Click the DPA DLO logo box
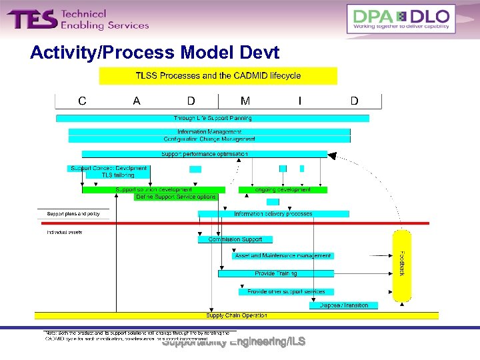[x=401, y=19]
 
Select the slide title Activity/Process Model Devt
[x=155, y=53]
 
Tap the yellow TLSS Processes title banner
[x=218, y=76]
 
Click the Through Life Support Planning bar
[x=213, y=118]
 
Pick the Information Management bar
[x=209, y=132]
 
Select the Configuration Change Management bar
[x=209, y=139]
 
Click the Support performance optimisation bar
[x=204, y=154]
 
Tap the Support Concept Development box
[x=109, y=168]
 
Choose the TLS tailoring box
[x=118, y=175]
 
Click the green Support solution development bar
[x=153, y=190]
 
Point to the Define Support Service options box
[x=176, y=197]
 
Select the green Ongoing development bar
[x=283, y=190]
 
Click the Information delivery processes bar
[x=273, y=214]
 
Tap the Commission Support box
[x=235, y=239]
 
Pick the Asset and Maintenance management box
[x=283, y=255]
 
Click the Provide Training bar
[x=276, y=273]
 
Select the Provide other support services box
[x=286, y=291]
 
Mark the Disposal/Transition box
[x=344, y=305]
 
